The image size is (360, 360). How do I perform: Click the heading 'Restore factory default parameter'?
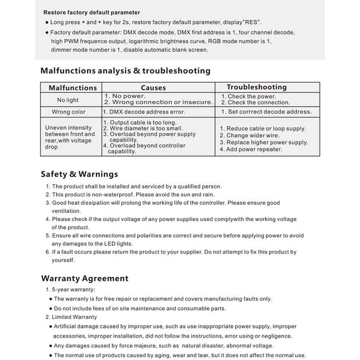click(92, 13)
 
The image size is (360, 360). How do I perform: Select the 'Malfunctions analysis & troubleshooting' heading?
click(125, 71)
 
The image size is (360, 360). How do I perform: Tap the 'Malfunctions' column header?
click(73, 88)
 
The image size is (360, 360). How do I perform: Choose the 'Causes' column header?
click(153, 88)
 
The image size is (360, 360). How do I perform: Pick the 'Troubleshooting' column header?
click(256, 87)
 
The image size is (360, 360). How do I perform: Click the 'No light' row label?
click(67, 100)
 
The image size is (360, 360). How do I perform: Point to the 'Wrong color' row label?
click(68, 112)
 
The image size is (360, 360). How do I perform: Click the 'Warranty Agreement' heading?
click(85, 279)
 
